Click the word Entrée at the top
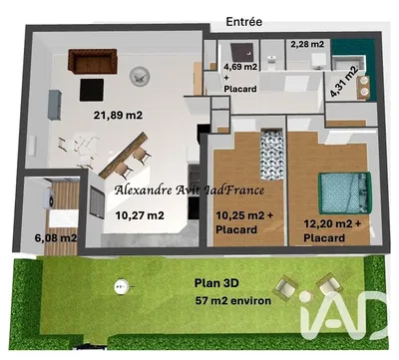pyautogui.click(x=245, y=20)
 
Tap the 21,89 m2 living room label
pyautogui.click(x=119, y=116)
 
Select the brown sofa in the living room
pyautogui.click(x=90, y=62)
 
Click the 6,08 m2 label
pyautogui.click(x=56, y=238)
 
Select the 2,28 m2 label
pyautogui.click(x=308, y=44)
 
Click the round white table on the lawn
pyautogui.click(x=123, y=290)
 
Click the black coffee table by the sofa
pyautogui.click(x=98, y=87)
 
